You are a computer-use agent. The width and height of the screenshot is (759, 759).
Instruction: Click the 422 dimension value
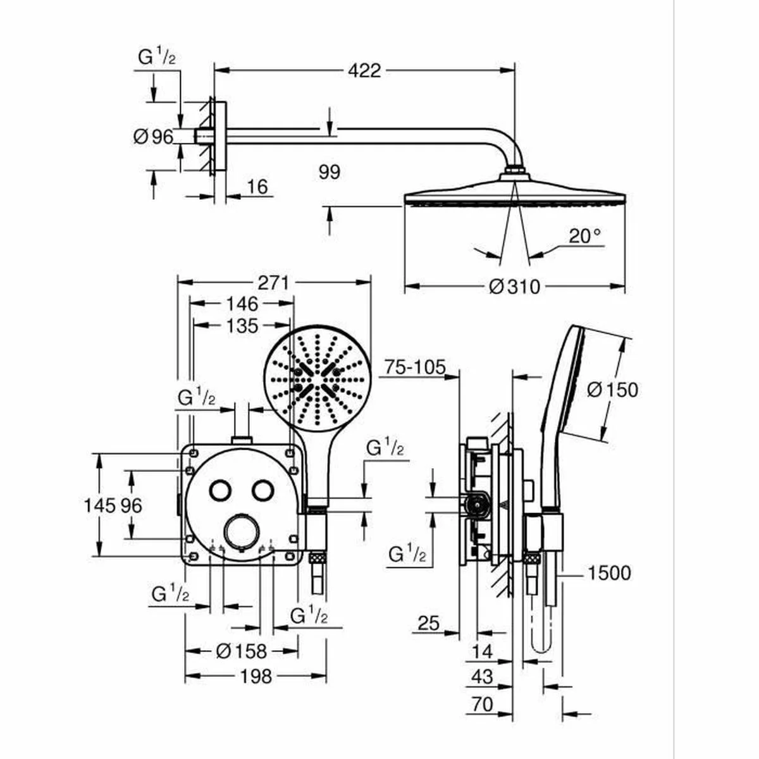(x=364, y=70)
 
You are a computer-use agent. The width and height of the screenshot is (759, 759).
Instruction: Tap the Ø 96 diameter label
(x=154, y=136)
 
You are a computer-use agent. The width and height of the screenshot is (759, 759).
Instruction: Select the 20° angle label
(x=584, y=236)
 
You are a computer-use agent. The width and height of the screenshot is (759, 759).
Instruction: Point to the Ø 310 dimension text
(x=515, y=287)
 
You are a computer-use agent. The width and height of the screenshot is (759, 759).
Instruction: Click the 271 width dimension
(x=273, y=282)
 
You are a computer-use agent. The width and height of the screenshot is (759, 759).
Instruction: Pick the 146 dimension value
(x=242, y=304)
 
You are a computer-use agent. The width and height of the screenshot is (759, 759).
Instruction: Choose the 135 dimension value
(x=242, y=326)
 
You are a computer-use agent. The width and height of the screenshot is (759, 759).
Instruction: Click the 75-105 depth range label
(x=415, y=367)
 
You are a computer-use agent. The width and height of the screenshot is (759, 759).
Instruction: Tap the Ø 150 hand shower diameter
(x=612, y=390)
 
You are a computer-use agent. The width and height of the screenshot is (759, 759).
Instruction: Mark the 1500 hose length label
(x=608, y=573)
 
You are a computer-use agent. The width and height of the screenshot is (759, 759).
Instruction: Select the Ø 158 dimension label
(x=241, y=650)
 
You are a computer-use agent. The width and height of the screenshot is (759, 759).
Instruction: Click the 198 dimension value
(x=256, y=676)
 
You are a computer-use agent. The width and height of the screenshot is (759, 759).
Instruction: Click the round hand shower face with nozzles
(x=316, y=378)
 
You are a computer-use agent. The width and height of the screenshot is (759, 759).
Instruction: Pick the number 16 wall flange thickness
(x=257, y=187)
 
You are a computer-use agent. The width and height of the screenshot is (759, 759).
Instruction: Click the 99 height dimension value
(x=330, y=171)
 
